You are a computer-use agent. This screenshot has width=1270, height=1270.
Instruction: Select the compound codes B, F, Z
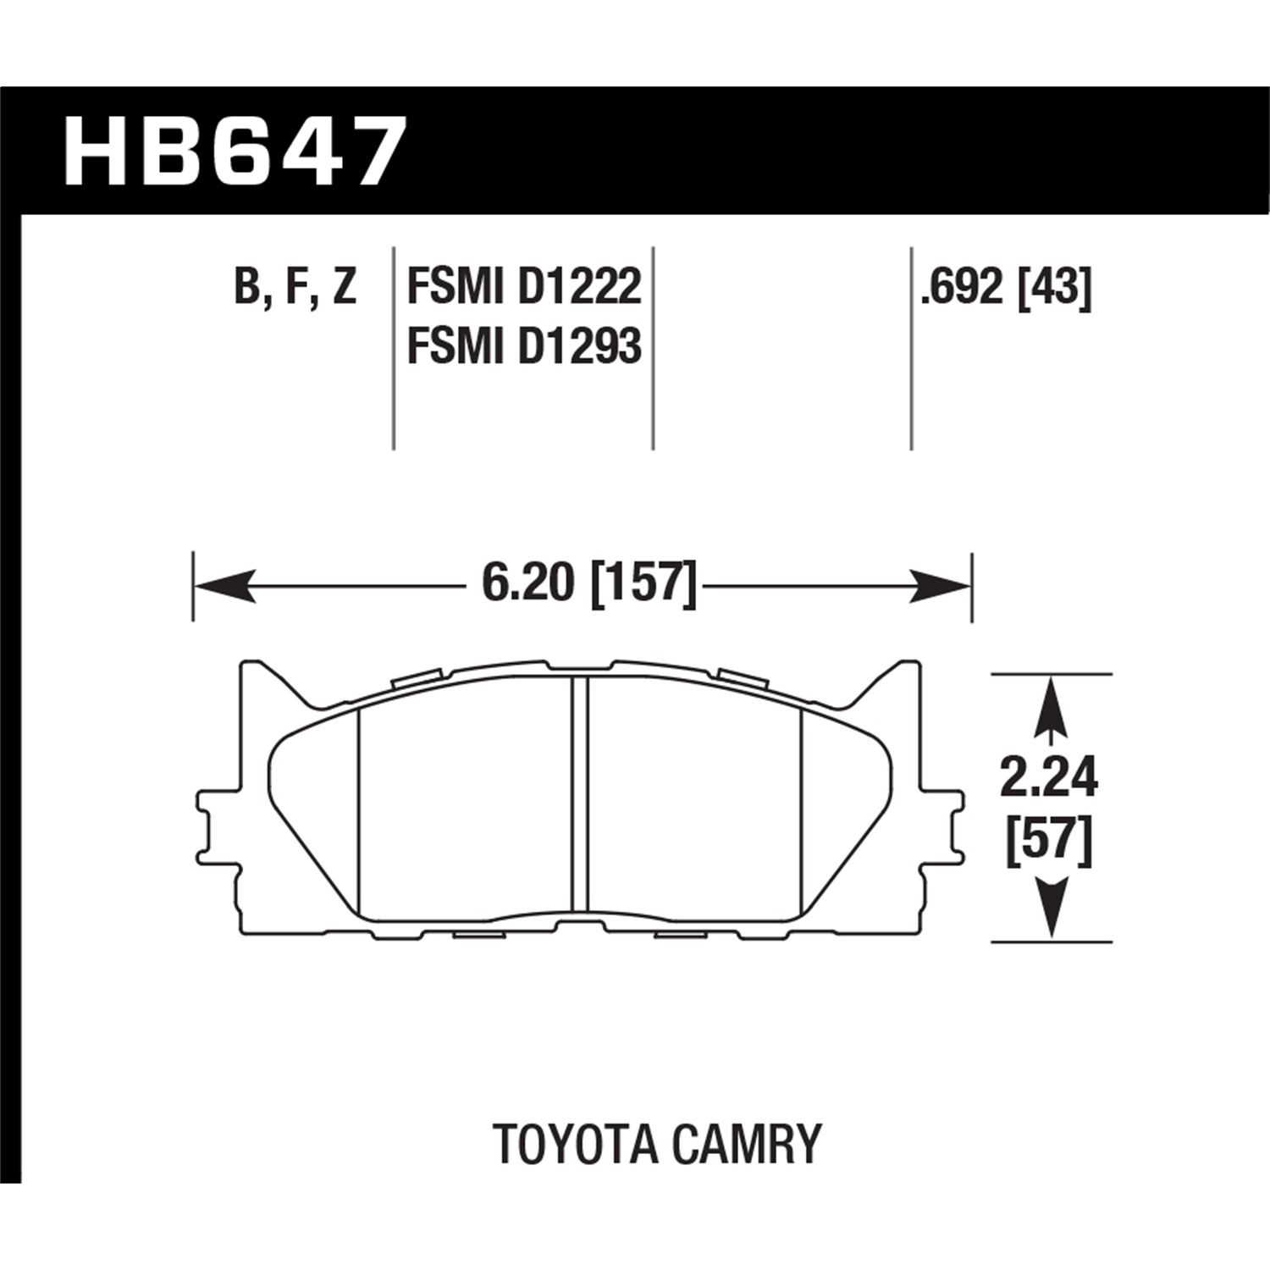294,288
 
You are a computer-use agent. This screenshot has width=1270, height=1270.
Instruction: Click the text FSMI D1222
524,288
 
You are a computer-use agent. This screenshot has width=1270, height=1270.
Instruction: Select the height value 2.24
1048,779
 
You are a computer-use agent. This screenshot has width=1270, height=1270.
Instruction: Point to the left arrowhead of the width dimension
224,586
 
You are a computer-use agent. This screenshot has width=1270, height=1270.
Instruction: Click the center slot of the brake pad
579,796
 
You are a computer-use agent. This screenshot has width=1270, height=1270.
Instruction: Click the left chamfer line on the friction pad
360,813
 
